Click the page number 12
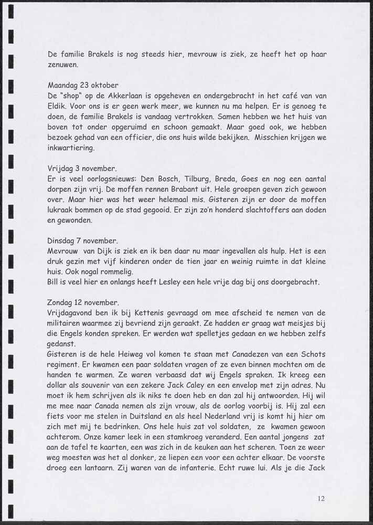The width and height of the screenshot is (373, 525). click(x=321, y=499)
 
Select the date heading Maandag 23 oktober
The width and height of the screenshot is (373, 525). click(x=83, y=85)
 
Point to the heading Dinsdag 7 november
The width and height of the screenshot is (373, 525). click(x=83, y=240)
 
